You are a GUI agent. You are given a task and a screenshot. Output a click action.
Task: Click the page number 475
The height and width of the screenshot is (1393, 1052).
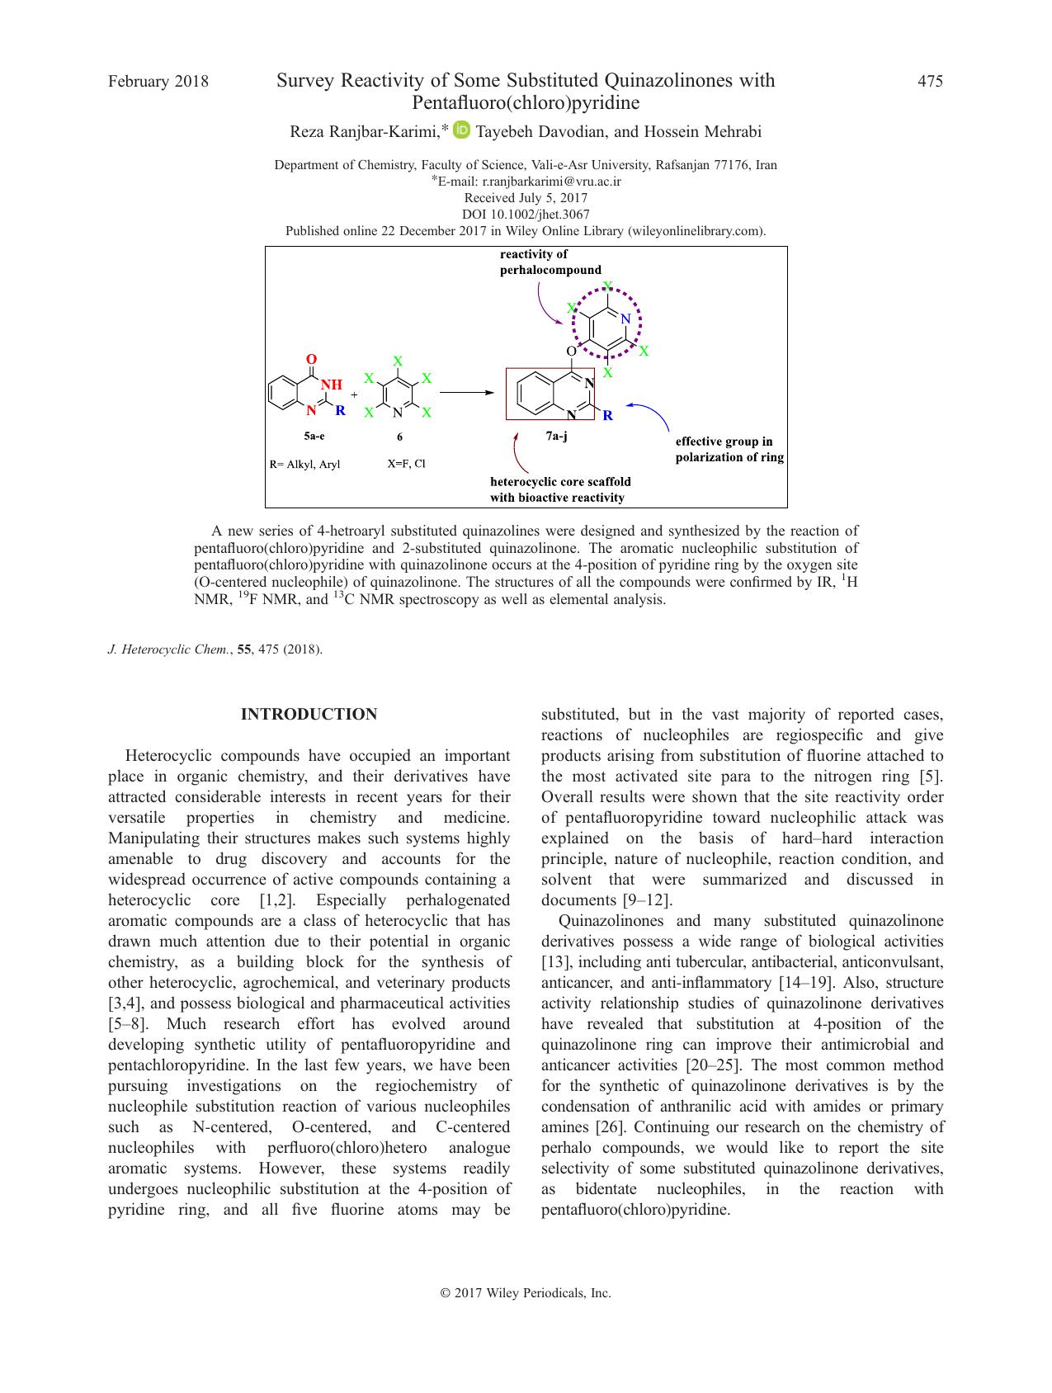pos(930,81)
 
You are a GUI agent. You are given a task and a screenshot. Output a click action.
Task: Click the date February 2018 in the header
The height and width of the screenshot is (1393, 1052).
pos(158,81)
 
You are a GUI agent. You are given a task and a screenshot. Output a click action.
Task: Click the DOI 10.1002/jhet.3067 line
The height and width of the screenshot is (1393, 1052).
pos(526,215)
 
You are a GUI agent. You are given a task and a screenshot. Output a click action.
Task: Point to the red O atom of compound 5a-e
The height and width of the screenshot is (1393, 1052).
pos(311,360)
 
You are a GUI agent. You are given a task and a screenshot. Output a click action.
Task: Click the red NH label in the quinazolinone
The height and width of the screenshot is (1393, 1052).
pos(331,385)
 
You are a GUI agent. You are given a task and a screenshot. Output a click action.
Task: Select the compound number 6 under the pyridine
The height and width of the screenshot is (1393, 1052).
pos(399,437)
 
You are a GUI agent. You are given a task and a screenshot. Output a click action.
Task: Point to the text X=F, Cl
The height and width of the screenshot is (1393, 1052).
pos(407,464)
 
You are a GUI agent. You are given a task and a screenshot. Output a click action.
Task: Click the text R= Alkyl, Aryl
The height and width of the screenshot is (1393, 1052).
pos(304,465)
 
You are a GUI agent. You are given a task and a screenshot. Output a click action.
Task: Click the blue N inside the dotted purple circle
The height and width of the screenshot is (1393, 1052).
pos(625,319)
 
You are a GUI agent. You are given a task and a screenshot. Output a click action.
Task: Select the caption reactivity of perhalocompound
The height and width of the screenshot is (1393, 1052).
pos(550,262)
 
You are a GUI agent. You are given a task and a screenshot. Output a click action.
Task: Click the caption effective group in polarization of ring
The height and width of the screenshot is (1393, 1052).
pos(729,450)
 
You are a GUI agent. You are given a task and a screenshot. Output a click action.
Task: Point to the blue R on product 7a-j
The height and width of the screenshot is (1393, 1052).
pos(608,416)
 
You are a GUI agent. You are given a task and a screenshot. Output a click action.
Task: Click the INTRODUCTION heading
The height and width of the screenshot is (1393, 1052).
pos(309,715)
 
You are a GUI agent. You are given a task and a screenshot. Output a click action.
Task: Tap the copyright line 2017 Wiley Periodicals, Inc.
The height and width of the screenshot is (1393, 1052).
pos(526,1293)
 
